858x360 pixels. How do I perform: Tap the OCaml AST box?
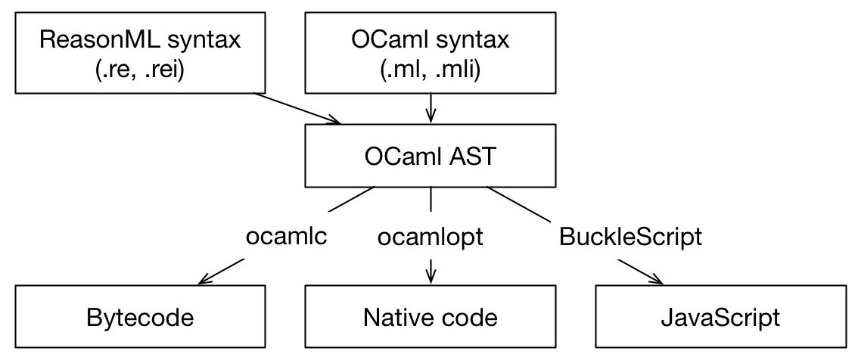[x=431, y=157]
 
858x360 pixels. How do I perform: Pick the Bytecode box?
[x=139, y=317]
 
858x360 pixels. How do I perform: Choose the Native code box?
[x=431, y=317]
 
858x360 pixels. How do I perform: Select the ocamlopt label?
[x=431, y=237]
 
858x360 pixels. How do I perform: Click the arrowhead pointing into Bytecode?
[x=203, y=282]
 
